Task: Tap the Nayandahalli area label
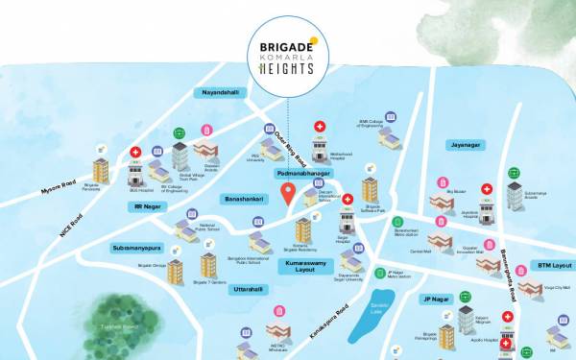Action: pos(222,92)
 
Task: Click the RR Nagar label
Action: pos(151,205)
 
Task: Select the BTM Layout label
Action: pos(554,265)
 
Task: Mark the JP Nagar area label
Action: pos(437,299)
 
